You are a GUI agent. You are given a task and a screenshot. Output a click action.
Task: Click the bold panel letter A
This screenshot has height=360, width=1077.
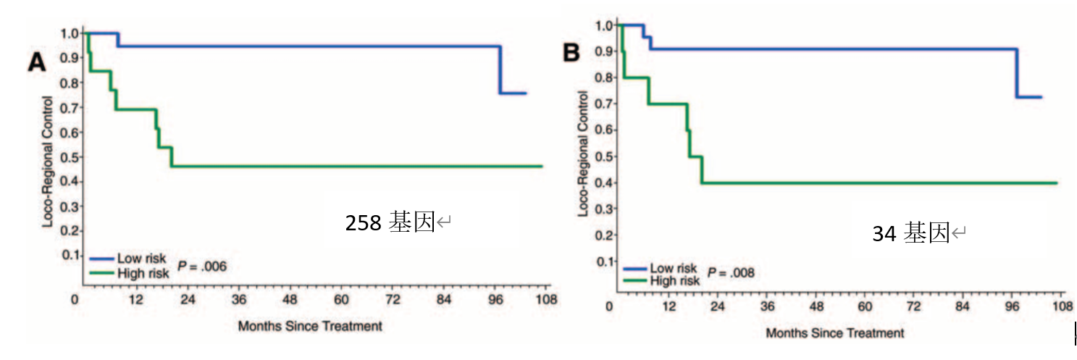coord(36,63)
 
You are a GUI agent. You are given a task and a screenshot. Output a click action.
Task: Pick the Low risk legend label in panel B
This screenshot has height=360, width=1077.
coord(674,268)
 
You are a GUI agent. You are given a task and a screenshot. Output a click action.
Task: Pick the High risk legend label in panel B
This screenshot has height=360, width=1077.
coord(676,281)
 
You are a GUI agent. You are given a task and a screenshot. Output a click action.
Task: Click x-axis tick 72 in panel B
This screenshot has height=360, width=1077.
coord(913,306)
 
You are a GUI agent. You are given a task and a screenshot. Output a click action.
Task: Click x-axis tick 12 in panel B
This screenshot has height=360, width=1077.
coord(666,306)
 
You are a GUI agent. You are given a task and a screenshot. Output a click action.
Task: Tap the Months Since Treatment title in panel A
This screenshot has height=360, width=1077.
coord(309,326)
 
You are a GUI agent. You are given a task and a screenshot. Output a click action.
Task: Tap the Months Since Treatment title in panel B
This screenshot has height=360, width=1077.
coord(835,333)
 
